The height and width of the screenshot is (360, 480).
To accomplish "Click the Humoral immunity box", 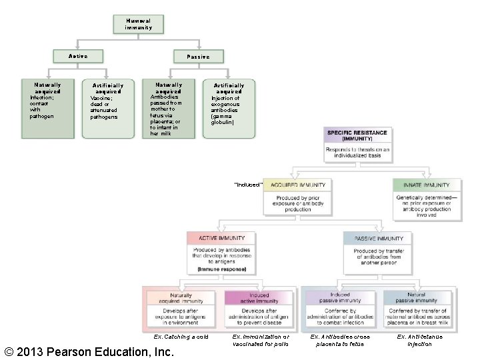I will pos(138,24).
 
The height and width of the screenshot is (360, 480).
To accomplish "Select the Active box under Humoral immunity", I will pos(78,57).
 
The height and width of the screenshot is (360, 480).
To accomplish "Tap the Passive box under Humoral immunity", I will pos(198,57).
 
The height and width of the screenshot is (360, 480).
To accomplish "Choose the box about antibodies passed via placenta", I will pos(169,109).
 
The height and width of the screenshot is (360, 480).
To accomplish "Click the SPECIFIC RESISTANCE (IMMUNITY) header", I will pos(357,136).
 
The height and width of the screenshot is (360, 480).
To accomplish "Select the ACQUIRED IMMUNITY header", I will pos(297,185).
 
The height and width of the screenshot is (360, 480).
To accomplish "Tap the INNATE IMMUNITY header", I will pos(426,185).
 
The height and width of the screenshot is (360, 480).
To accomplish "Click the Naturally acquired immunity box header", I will pos(181,298).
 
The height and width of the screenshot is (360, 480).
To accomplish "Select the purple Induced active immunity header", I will pos(259,298).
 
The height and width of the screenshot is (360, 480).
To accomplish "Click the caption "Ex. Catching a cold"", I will pos(181,337).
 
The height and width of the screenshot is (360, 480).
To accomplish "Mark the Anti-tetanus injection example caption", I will pos(419,340).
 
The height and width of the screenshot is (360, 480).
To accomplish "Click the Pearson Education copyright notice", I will pos(89,351).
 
